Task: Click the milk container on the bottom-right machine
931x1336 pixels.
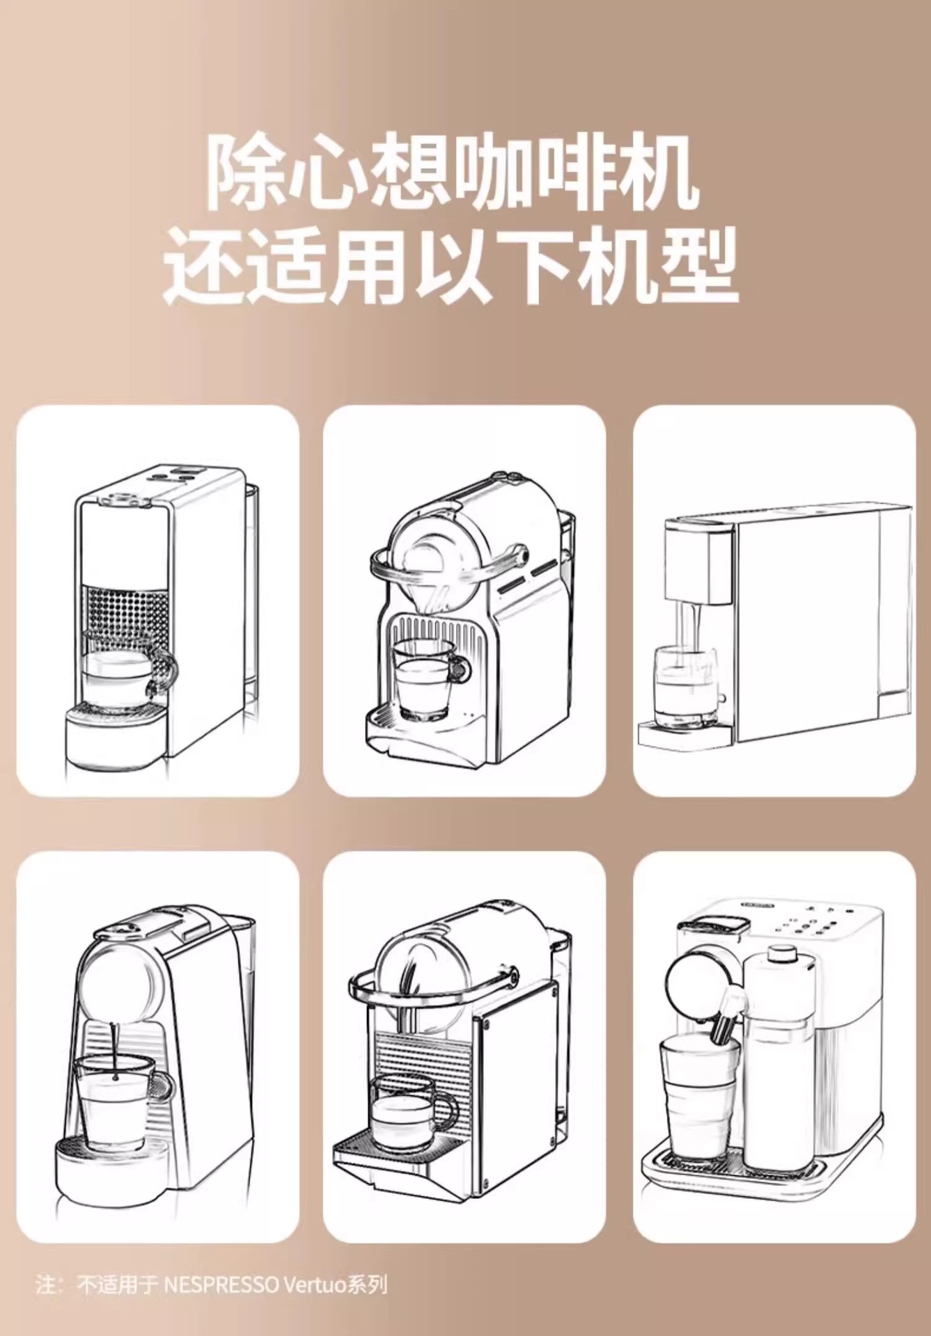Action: click(x=776, y=1051)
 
